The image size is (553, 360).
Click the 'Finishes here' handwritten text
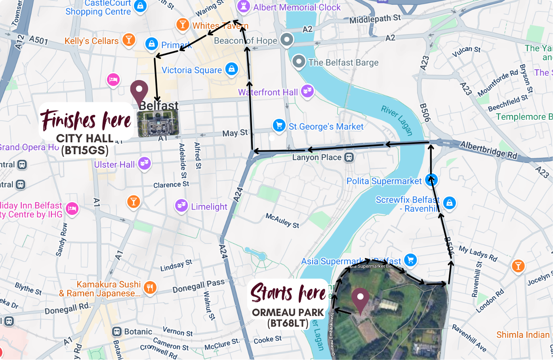point(86,120)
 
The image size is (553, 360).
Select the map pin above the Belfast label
point(139,92)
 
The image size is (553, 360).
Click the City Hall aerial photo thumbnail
point(158,124)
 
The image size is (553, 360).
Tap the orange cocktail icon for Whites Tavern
point(182,25)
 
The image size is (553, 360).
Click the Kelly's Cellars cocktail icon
point(129,40)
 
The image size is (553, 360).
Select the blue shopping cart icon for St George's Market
point(279,126)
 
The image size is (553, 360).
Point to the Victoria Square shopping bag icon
point(232,69)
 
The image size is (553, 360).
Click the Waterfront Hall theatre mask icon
point(307,91)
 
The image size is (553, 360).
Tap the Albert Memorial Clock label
point(297,8)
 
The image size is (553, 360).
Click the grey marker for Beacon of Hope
point(287,40)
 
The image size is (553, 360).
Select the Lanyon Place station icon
point(349,157)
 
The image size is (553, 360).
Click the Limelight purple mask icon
point(181,206)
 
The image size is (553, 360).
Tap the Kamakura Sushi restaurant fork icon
point(150,288)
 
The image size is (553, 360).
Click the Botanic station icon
point(117,331)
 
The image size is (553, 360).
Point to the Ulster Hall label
point(114,165)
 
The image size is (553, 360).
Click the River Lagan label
point(397,120)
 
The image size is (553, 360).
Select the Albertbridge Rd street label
point(488,150)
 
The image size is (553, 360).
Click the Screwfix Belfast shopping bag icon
point(449,203)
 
